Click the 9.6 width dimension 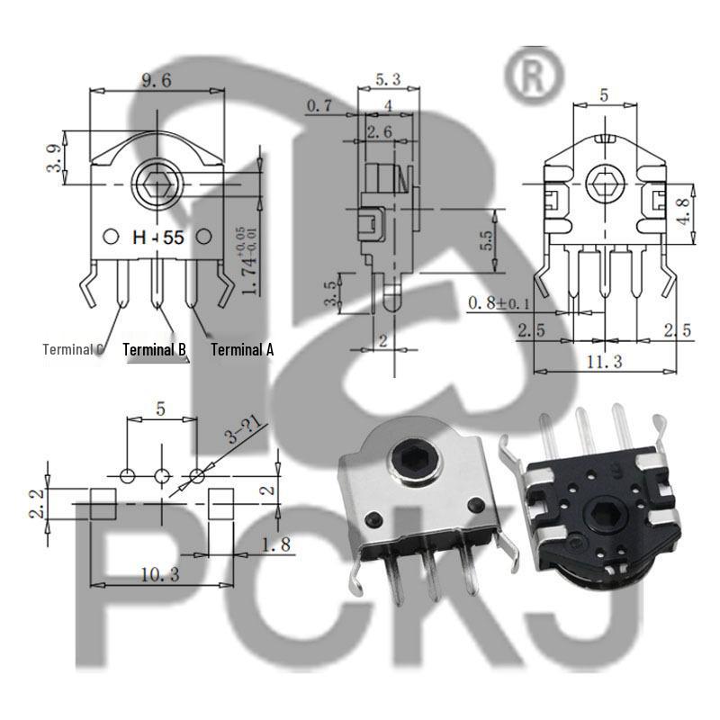[154, 80]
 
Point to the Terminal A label [242, 349]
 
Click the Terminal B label [154, 349]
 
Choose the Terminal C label [74, 349]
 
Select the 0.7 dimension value [320, 106]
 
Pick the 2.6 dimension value [379, 132]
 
